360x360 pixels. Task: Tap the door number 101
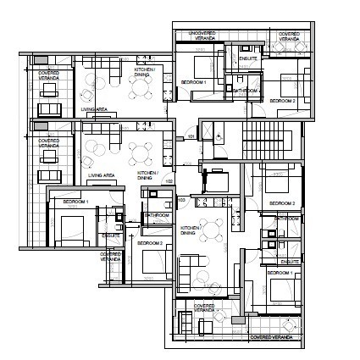191,136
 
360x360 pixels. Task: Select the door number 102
169,180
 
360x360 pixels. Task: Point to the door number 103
180,199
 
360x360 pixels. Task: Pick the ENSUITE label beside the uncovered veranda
248,59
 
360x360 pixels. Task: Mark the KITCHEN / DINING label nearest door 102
149,175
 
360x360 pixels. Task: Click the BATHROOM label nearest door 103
157,215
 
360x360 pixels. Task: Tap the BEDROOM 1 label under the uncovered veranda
194,81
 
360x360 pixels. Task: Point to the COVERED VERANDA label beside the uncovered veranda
289,36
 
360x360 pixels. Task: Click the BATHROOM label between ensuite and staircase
246,90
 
